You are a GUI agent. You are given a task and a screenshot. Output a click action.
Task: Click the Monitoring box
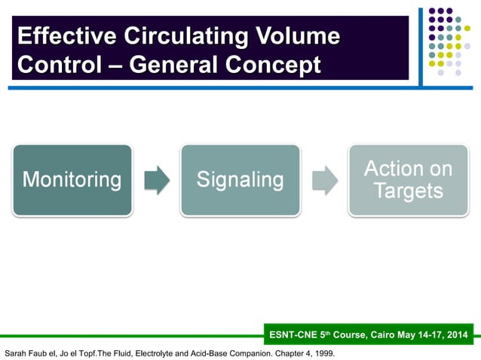pyautogui.click(x=72, y=180)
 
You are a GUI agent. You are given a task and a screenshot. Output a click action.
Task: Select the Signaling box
pyautogui.click(x=240, y=180)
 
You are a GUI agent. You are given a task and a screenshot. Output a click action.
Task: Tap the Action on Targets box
pyautogui.click(x=408, y=180)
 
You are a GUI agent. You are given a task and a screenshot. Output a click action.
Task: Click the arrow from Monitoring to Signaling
pyautogui.click(x=156, y=181)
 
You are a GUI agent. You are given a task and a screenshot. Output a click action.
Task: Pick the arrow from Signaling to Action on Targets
pyautogui.click(x=324, y=181)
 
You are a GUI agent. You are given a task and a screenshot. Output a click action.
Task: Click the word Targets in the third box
pyautogui.click(x=408, y=191)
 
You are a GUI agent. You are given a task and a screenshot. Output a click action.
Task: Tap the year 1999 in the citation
pyautogui.click(x=323, y=352)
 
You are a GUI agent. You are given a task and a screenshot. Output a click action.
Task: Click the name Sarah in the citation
pyautogui.click(x=17, y=352)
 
